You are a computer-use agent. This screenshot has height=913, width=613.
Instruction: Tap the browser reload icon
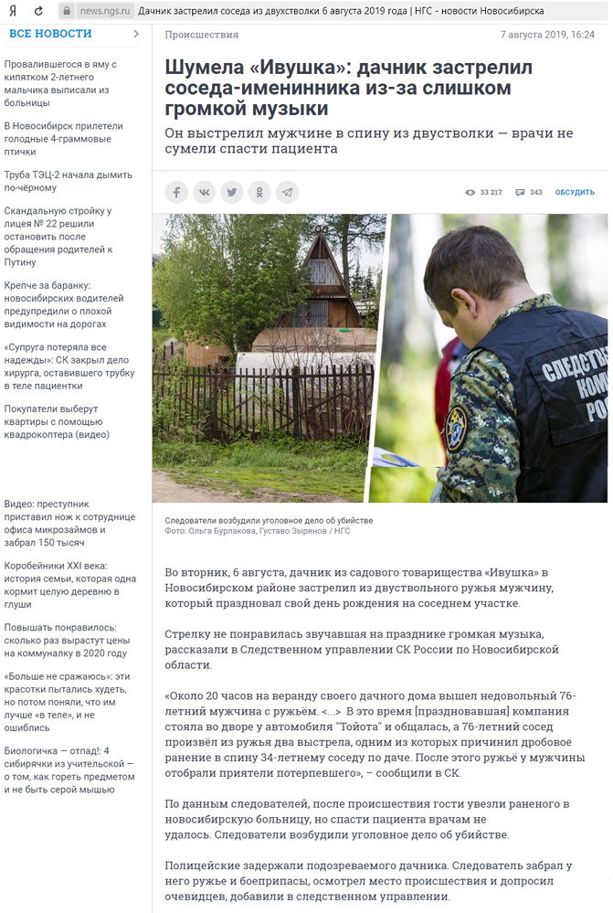click(37, 11)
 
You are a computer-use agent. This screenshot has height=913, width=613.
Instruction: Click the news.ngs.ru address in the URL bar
click(100, 11)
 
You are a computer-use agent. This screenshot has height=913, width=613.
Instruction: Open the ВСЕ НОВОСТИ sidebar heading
click(51, 34)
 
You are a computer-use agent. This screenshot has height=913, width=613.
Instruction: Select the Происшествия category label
click(202, 35)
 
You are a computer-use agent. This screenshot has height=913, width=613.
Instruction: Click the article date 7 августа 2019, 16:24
click(547, 35)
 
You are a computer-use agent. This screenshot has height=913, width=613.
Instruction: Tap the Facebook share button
click(176, 192)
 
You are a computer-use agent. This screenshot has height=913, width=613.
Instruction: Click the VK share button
click(204, 192)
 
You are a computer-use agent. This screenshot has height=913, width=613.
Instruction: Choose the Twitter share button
click(232, 192)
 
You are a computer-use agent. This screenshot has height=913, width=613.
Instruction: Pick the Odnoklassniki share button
click(259, 192)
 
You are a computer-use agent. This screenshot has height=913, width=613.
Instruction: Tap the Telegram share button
click(288, 192)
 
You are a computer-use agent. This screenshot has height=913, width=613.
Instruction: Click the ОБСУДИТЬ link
click(575, 193)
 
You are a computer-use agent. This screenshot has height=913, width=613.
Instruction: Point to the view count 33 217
click(484, 193)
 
